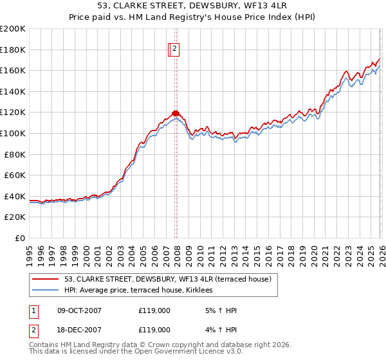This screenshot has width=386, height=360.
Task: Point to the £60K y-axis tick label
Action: coord(15,175)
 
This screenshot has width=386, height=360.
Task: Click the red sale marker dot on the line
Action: coord(176,113)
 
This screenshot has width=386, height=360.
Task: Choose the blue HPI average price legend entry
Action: coord(142,291)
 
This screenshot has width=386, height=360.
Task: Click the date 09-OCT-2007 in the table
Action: coord(79,310)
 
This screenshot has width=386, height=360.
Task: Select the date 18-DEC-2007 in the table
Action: coord(79,330)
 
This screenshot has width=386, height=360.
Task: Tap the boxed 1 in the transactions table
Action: coord(33,310)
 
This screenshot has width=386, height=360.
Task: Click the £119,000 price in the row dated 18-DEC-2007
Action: coord(154,330)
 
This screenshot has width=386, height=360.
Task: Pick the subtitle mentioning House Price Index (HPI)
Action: coord(193,17)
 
